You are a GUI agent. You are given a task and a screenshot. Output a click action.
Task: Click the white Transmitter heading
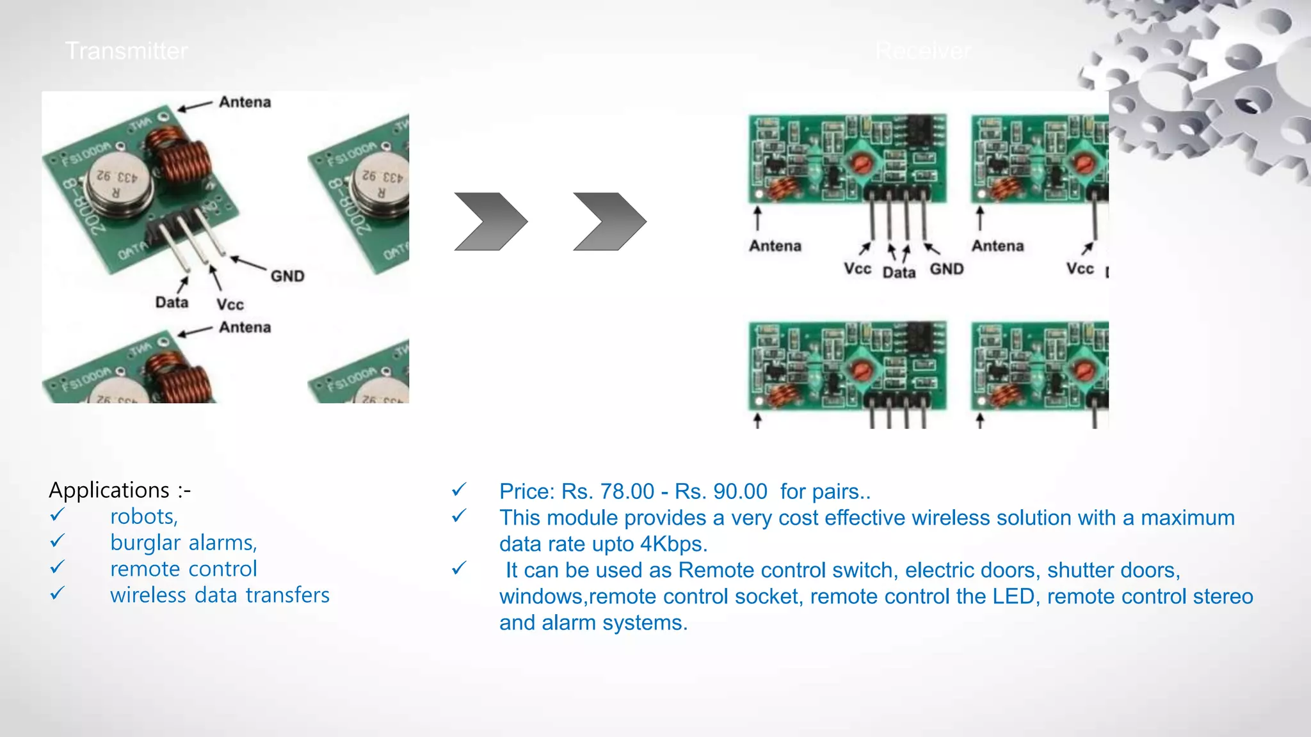tap(126, 51)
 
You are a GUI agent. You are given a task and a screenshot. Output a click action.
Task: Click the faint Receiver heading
tap(923, 51)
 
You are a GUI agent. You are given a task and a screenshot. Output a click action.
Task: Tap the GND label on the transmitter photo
tap(287, 276)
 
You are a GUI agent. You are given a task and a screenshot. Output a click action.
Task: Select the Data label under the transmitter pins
tap(172, 302)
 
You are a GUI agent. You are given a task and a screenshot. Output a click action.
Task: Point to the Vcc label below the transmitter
tap(230, 305)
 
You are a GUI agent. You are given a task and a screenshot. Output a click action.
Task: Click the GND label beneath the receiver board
tap(946, 269)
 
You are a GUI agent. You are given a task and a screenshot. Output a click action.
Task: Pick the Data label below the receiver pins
tap(899, 273)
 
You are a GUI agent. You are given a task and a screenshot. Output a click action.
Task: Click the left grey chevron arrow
tap(490, 221)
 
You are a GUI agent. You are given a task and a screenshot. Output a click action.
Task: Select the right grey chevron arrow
tap(609, 221)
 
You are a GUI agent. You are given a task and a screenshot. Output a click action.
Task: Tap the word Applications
tap(109, 490)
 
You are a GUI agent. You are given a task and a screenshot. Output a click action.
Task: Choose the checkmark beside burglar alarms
tap(58, 541)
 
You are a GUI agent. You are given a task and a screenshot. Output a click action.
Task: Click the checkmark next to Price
tap(459, 490)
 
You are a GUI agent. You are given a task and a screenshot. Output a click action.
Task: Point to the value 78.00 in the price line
tap(627, 491)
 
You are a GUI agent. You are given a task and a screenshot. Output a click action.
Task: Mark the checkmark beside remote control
tap(58, 567)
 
